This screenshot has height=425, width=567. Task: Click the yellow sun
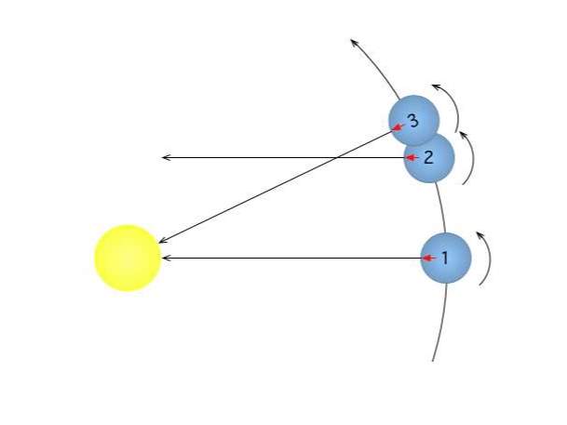point(128,258)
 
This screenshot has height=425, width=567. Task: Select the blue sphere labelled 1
point(446,258)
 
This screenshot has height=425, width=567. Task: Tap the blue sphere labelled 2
point(429,159)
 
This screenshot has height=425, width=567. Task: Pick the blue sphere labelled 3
point(413,120)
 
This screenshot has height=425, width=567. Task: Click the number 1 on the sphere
point(445,258)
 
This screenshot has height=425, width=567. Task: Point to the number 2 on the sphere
point(428,157)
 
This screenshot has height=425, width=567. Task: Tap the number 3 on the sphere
point(413,121)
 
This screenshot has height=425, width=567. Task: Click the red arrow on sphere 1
point(429,258)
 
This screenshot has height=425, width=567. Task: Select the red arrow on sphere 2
point(412,157)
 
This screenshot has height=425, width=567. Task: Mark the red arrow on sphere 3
point(398,126)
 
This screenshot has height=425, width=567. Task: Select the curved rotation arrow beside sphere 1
point(490,259)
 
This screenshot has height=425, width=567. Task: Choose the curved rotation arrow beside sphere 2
point(473,158)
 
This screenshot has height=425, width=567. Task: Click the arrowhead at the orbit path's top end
point(353,41)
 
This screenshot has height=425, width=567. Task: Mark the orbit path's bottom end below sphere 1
point(433,361)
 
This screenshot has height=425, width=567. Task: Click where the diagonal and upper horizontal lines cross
point(336,157)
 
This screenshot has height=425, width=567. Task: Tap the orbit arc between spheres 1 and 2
point(442,207)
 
